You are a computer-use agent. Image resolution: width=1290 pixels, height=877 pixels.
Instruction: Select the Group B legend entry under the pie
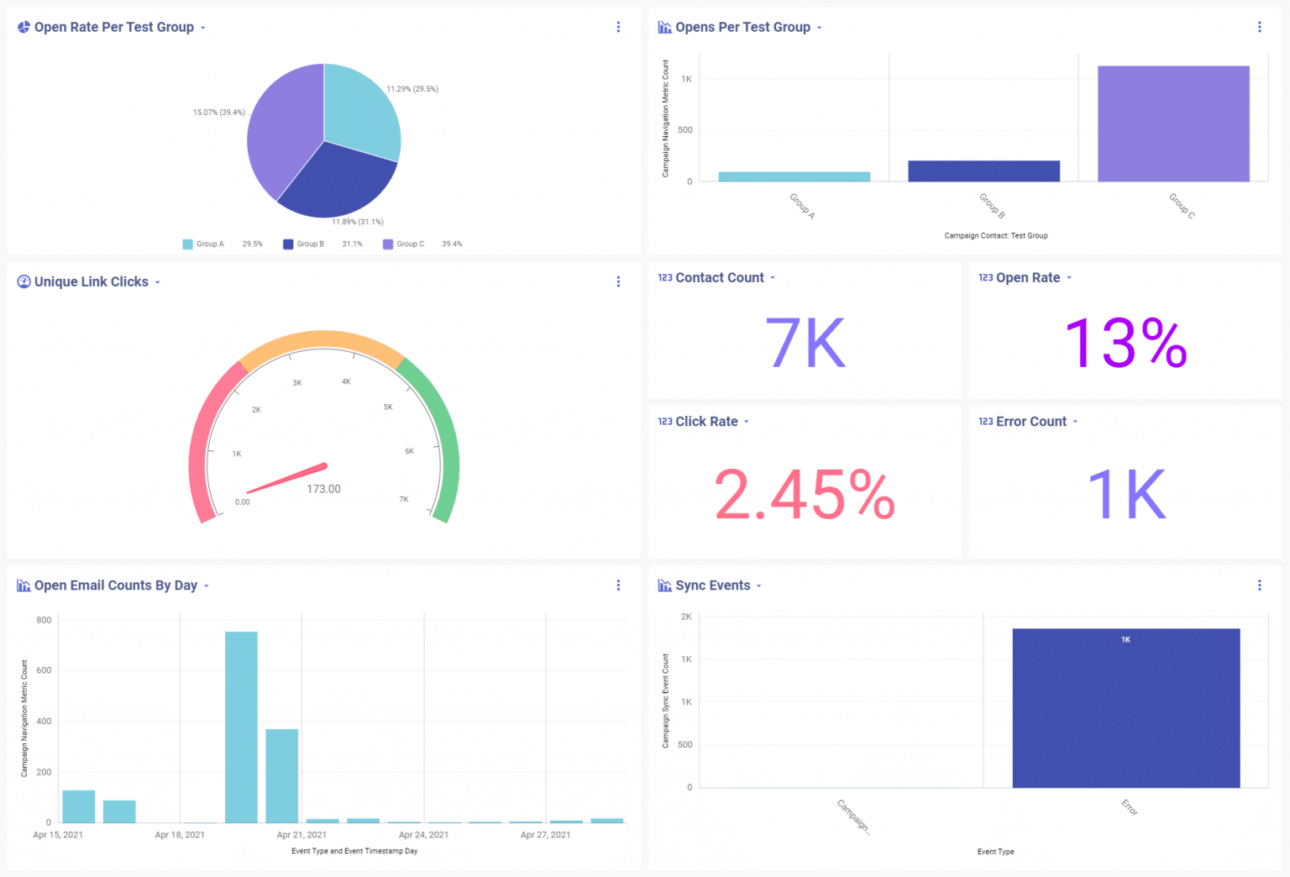click(x=303, y=244)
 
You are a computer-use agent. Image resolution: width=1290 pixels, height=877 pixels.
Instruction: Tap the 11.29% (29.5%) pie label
click(x=412, y=89)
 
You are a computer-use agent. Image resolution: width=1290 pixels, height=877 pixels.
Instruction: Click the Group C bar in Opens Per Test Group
click(x=1173, y=123)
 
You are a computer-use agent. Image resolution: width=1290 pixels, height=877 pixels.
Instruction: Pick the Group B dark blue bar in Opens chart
click(x=983, y=171)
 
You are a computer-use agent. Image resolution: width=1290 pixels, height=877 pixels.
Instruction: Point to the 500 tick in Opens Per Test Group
click(x=685, y=130)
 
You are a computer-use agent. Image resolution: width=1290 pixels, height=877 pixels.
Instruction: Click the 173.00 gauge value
click(x=323, y=489)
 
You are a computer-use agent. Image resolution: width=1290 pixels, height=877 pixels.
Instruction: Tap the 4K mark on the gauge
click(x=346, y=381)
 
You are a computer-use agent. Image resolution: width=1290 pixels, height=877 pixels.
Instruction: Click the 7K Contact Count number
click(x=805, y=343)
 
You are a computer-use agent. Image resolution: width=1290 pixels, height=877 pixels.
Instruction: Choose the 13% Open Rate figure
click(x=1125, y=343)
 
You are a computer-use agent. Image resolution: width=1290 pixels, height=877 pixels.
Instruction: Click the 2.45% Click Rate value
click(x=805, y=495)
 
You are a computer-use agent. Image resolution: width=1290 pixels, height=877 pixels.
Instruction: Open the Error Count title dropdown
click(x=1075, y=422)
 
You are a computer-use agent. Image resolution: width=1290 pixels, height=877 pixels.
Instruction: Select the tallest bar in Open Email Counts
click(x=241, y=727)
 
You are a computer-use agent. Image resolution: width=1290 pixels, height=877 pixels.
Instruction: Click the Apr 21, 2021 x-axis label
click(x=302, y=835)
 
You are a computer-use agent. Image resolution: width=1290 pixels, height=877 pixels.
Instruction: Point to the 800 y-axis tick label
click(x=44, y=620)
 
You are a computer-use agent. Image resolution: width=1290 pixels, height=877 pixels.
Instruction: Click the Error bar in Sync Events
click(x=1125, y=708)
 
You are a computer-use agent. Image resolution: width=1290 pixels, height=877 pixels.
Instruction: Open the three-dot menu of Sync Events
click(x=1259, y=586)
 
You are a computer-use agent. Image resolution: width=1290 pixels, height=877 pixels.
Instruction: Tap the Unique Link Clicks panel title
click(x=91, y=282)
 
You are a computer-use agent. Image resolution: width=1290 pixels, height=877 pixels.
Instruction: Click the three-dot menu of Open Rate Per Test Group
click(x=618, y=27)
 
